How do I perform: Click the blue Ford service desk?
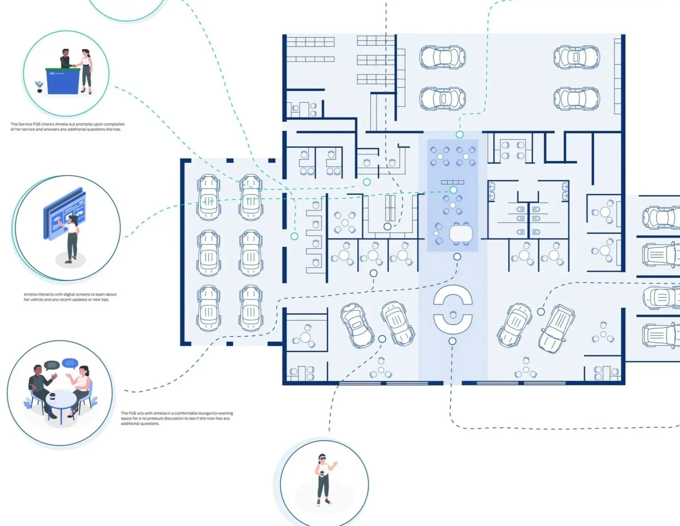[63, 81]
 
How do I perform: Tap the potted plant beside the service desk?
[39, 87]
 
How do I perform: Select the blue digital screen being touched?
[64, 213]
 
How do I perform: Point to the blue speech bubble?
[70, 363]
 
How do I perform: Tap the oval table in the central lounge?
[461, 233]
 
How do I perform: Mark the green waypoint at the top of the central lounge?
[459, 135]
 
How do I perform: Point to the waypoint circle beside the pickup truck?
[541, 312]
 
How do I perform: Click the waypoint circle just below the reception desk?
[452, 341]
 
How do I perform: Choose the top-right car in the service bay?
[576, 57]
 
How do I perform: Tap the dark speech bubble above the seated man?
[52, 366]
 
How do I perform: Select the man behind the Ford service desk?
[66, 59]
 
